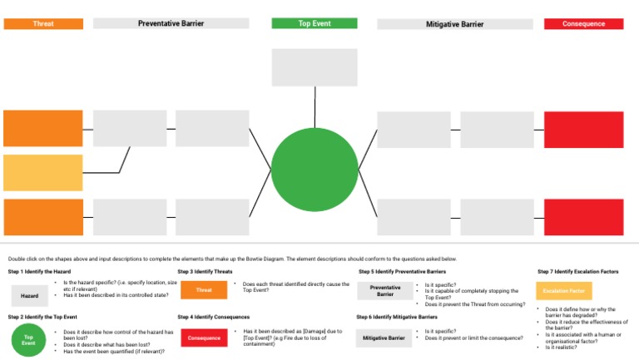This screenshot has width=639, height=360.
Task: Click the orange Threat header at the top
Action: pos(43,24)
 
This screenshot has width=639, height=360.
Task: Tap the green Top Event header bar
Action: pos(315,24)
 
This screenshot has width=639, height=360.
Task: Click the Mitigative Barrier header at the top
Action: pos(455,24)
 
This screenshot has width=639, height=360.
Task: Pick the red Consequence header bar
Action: pos(583,24)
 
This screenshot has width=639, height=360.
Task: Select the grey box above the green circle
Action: pos(315,67)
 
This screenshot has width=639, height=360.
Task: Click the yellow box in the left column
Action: pos(43,173)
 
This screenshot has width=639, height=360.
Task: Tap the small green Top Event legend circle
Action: pos(28,340)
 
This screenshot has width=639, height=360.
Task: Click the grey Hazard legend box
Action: pos(29,296)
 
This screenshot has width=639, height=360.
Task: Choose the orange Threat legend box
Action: pos(204,291)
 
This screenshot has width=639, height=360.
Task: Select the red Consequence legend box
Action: pos(204,338)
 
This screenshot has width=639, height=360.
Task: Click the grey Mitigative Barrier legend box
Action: pos(384,338)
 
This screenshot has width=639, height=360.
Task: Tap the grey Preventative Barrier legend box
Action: pos(385,291)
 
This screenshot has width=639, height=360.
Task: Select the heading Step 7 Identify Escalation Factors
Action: pos(578,272)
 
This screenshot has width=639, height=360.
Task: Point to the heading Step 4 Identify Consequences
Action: pos(214,317)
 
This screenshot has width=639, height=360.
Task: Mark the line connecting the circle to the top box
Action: pos(315,107)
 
